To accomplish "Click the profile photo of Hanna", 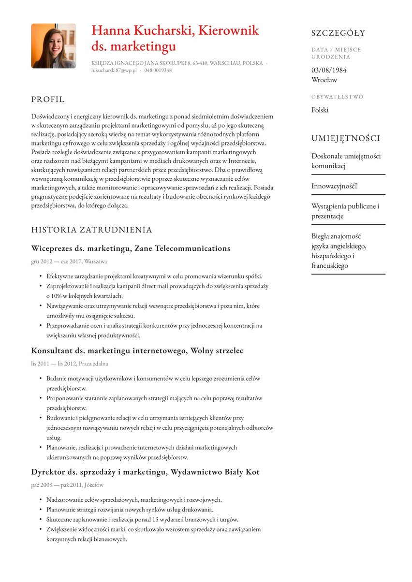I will (53, 46).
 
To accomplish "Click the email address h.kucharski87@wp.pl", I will (114, 71).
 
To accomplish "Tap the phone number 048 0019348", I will (158, 71).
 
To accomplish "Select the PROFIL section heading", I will (48, 100).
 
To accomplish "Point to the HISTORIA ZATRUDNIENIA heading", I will (91, 230).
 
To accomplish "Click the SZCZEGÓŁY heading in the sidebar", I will (338, 33).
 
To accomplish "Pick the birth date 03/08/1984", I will (329, 70).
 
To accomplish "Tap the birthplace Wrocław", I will (324, 80).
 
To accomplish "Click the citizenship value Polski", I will (320, 110).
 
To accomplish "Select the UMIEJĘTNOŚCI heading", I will (346, 139).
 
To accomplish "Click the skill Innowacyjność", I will (334, 186).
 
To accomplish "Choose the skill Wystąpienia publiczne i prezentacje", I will (345, 211).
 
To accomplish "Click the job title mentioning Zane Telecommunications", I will (131, 248).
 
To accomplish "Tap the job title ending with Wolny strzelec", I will (137, 350).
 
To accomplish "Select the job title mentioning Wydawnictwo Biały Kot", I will (145, 472).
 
